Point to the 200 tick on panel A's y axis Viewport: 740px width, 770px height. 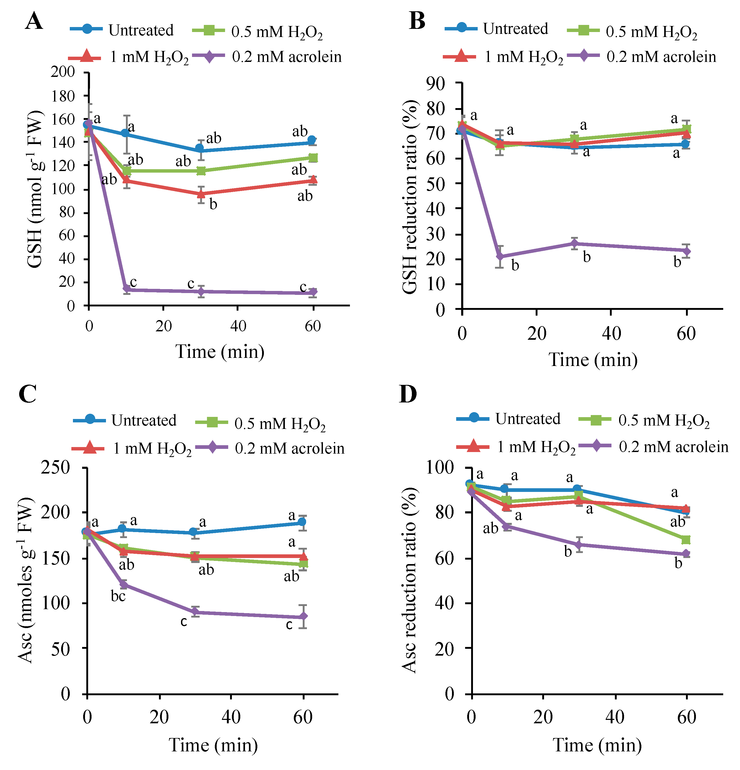[x=63, y=72]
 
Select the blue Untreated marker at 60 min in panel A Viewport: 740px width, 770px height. [x=312, y=140]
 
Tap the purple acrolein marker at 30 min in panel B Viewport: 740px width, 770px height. [x=574, y=243]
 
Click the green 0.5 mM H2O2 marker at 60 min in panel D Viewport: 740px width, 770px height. [x=686, y=540]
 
